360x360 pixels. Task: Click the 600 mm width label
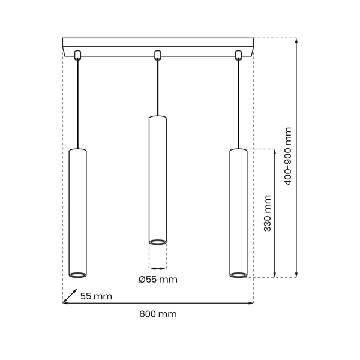coord(158,314)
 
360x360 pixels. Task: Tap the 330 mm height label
coord(268,213)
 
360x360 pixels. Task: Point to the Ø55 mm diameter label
coord(158,280)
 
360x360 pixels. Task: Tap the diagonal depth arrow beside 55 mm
coord(70,296)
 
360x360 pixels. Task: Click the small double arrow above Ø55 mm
coord(158,268)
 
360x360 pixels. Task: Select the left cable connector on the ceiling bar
coord(77,56)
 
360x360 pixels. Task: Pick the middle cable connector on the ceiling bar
coord(158,56)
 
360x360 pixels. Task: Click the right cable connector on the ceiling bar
coord(238,56)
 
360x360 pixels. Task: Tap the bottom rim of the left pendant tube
coord(77,275)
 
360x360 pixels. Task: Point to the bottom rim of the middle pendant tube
coord(158,242)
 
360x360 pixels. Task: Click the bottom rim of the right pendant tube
coord(238,275)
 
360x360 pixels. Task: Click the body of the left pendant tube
coord(77,210)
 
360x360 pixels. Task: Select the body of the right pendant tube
coord(238,210)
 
